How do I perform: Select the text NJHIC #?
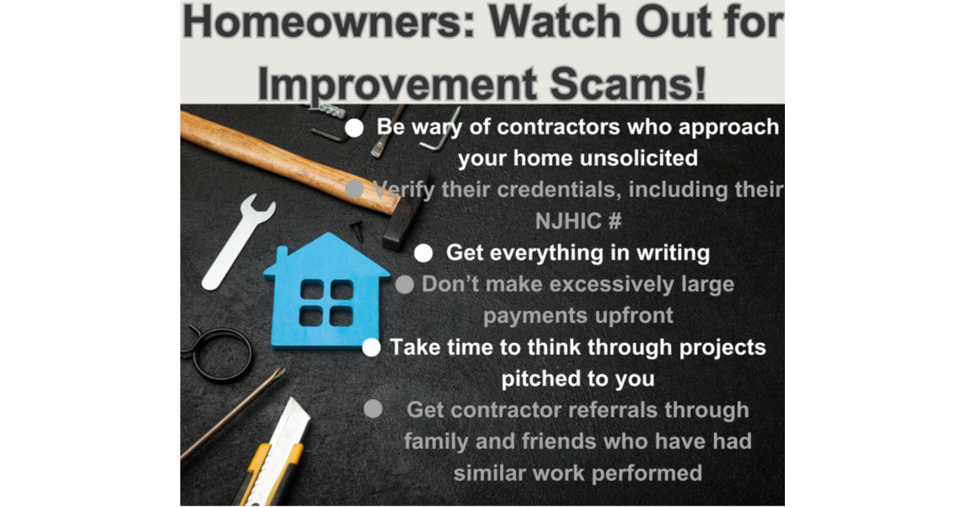[x=578, y=221]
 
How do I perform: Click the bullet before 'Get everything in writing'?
[x=424, y=253]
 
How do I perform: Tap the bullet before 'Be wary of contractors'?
[x=354, y=128]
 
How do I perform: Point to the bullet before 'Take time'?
[x=371, y=348]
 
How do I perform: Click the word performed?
[x=645, y=472]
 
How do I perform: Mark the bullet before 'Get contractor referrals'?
[x=373, y=409]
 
